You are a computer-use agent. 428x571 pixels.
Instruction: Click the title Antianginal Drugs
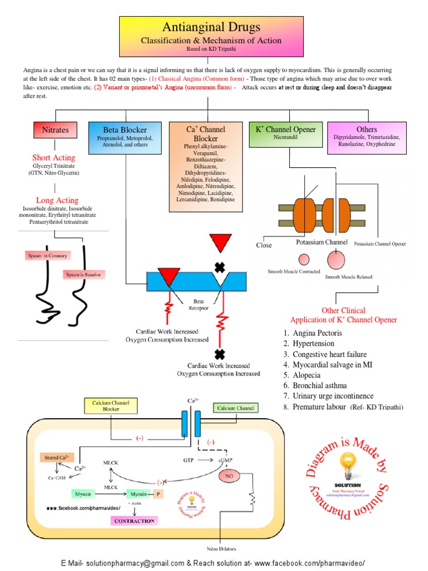211,27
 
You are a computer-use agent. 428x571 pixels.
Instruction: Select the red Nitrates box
55,130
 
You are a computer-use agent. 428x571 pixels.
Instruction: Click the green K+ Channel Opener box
285,129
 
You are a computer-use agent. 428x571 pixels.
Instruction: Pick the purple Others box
363,129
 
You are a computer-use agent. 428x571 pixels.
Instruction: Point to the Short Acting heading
53,158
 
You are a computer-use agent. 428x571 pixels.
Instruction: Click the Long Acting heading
57,200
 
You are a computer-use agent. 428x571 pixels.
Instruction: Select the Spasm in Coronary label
47,256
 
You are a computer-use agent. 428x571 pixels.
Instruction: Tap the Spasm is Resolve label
84,275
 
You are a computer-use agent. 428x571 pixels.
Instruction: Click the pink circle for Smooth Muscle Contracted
304,259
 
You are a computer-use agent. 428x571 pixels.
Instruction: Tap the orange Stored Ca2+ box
56,457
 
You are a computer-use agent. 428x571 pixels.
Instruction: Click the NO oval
228,476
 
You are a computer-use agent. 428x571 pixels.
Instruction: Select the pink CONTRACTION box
134,520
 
